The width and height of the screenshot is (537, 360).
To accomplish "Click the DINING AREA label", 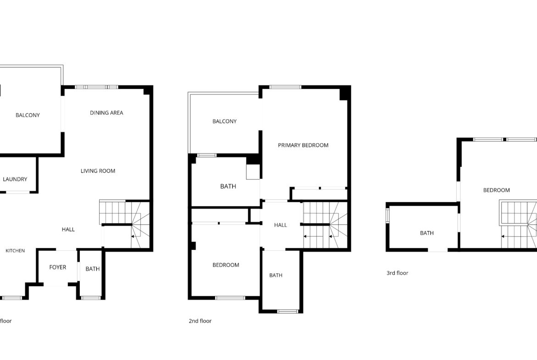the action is (x=106, y=112).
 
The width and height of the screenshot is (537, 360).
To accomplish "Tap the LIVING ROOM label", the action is (x=98, y=171).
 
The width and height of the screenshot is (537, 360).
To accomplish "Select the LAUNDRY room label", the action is (x=15, y=179).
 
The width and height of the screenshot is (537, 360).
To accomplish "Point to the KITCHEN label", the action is (x=15, y=250).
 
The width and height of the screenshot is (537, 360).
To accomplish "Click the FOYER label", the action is (x=57, y=267).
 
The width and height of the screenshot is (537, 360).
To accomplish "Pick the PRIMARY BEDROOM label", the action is (x=303, y=145).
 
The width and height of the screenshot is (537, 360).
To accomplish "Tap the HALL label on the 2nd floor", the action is (x=280, y=225).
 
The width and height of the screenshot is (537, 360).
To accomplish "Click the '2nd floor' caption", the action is (x=200, y=321).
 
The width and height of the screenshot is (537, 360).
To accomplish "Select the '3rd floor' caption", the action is (x=397, y=273).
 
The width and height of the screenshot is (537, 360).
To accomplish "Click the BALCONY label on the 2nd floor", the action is (x=224, y=121).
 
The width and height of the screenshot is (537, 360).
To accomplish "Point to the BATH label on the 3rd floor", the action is (x=427, y=233).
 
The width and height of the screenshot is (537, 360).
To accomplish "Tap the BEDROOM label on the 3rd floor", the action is (x=496, y=190).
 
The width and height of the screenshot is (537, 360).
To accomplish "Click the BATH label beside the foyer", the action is (x=92, y=269).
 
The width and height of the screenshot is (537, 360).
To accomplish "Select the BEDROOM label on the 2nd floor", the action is (x=226, y=265).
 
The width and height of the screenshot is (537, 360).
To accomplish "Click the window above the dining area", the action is (x=96, y=87).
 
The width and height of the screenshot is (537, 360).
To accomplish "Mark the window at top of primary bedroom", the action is (x=285, y=87).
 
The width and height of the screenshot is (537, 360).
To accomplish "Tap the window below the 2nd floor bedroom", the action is (x=230, y=298).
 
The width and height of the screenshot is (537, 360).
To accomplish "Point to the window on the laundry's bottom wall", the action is (x=18, y=192).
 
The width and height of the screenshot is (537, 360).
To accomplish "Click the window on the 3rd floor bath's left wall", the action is (x=388, y=216).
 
